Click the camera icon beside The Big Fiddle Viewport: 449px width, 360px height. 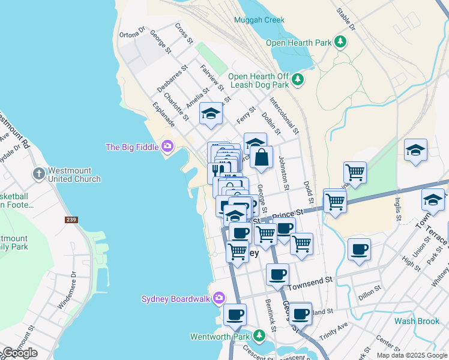click(167, 146)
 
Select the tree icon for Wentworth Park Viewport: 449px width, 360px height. click(259, 335)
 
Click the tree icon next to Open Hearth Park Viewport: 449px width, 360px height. click(341, 42)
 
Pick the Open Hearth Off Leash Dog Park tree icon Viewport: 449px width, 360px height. click(297, 79)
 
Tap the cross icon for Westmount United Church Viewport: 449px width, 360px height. click(39, 174)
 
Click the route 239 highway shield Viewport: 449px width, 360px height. click(71, 220)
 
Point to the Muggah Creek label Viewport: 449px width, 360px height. click(259, 20)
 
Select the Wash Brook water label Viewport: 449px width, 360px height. click(417, 321)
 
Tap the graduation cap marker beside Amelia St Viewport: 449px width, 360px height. click(211, 114)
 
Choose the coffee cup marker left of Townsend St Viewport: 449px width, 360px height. click(277, 274)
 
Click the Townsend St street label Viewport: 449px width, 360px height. click(312, 280)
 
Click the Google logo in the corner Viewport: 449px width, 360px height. click(20, 353)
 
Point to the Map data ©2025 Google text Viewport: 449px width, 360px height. click(412, 355)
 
